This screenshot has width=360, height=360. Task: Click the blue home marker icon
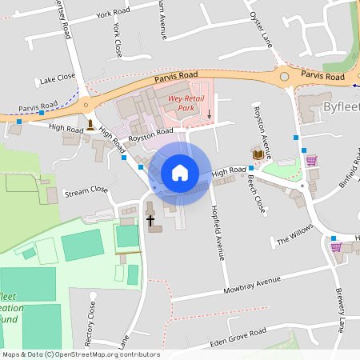[180, 173]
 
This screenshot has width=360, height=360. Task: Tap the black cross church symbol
[150, 218]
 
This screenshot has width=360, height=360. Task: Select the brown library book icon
[258, 154]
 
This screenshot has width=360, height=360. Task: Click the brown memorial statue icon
[92, 125]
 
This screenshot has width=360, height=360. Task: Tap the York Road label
[112, 14]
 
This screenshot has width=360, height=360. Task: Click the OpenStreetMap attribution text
[80, 354]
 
